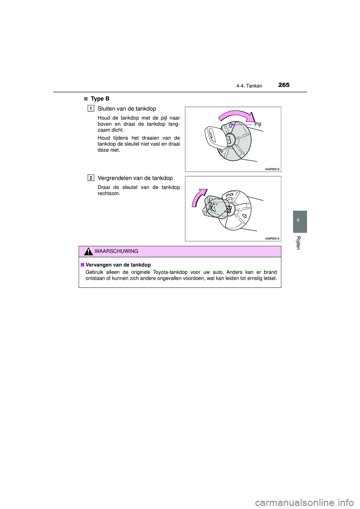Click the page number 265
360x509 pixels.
click(284, 85)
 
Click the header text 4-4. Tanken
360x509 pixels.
click(249, 86)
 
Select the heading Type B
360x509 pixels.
click(100, 99)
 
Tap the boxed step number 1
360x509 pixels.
click(91, 109)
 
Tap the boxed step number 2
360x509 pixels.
click(91, 178)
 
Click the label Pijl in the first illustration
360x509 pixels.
click(258, 124)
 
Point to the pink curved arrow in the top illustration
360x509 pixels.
click(237, 115)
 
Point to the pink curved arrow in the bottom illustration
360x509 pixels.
click(198, 197)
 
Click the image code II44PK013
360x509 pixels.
click(272, 169)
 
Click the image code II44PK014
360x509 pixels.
click(272, 238)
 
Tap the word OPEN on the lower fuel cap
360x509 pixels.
click(229, 195)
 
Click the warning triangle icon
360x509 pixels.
click(88, 252)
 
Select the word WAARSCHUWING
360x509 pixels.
click(116, 252)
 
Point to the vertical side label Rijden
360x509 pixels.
click(298, 243)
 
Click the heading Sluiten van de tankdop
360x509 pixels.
click(127, 109)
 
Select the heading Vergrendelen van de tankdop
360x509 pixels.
click(135, 178)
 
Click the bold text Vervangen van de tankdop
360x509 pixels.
click(118, 265)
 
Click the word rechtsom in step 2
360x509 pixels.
click(109, 193)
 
